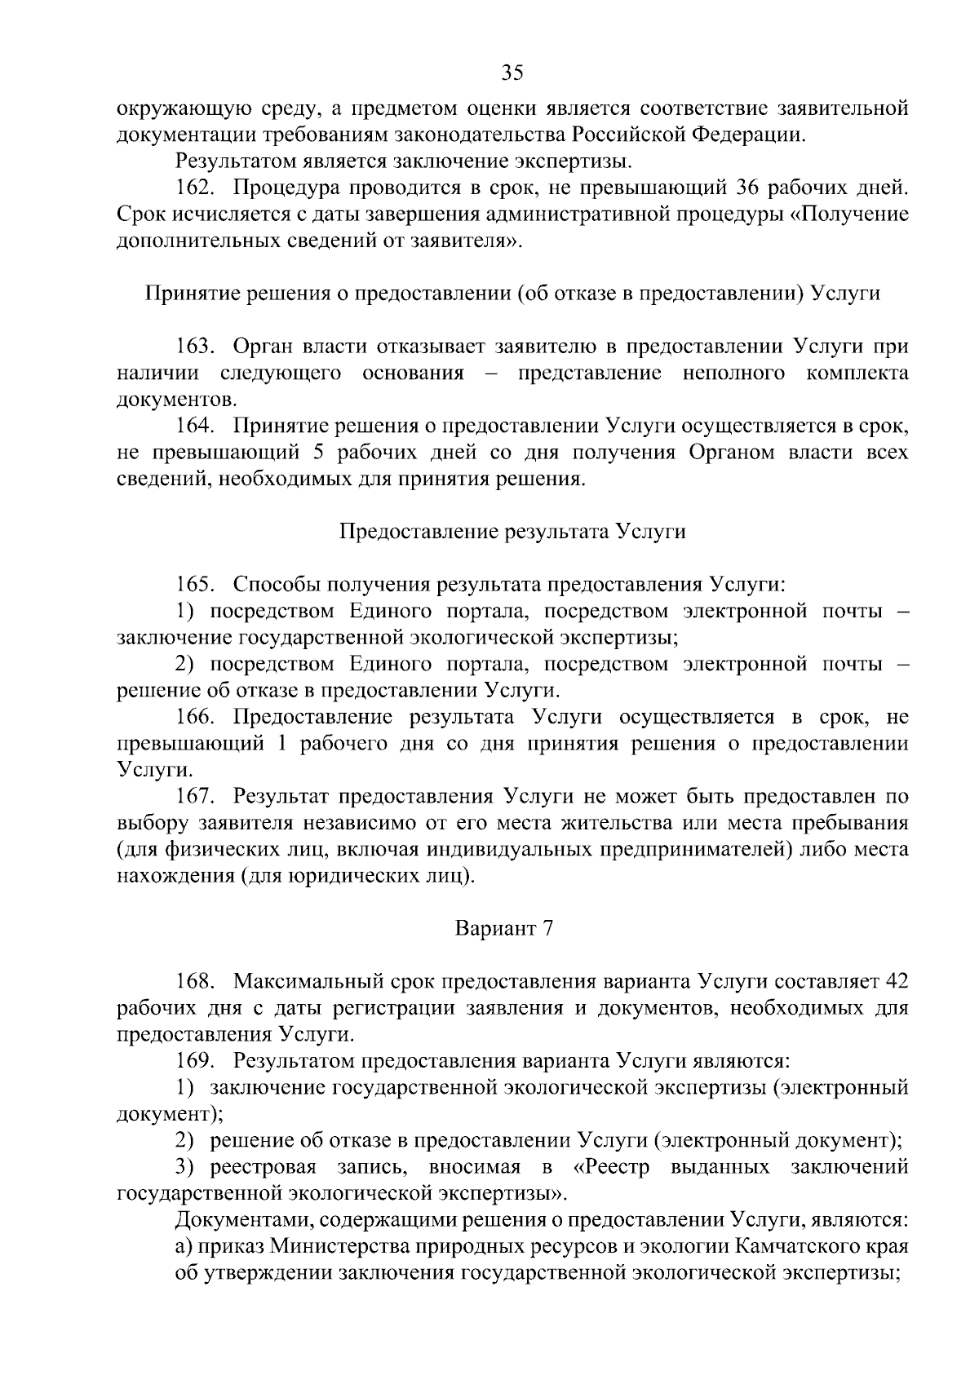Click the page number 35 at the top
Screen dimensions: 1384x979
tap(512, 73)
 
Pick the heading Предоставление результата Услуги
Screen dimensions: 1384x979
tap(512, 532)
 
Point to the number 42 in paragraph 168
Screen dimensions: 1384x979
tap(896, 981)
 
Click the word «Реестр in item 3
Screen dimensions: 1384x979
tap(612, 1167)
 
